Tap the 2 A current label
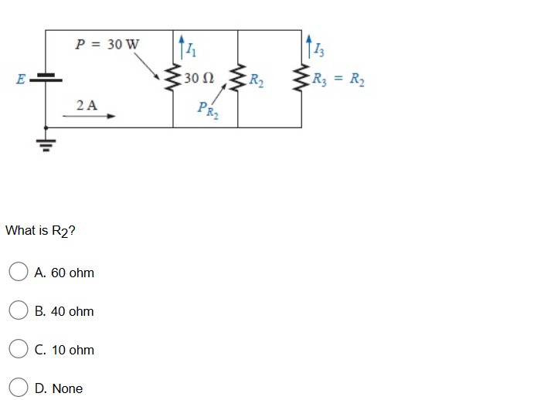coord(87,104)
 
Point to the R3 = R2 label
coord(339,78)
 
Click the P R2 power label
coord(206,110)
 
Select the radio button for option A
coord(18,273)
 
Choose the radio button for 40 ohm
coord(18,311)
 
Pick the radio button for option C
coord(18,350)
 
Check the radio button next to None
coord(18,388)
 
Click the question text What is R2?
coord(40,231)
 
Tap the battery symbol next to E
coord(46,78)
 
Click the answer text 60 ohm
coord(65,273)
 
